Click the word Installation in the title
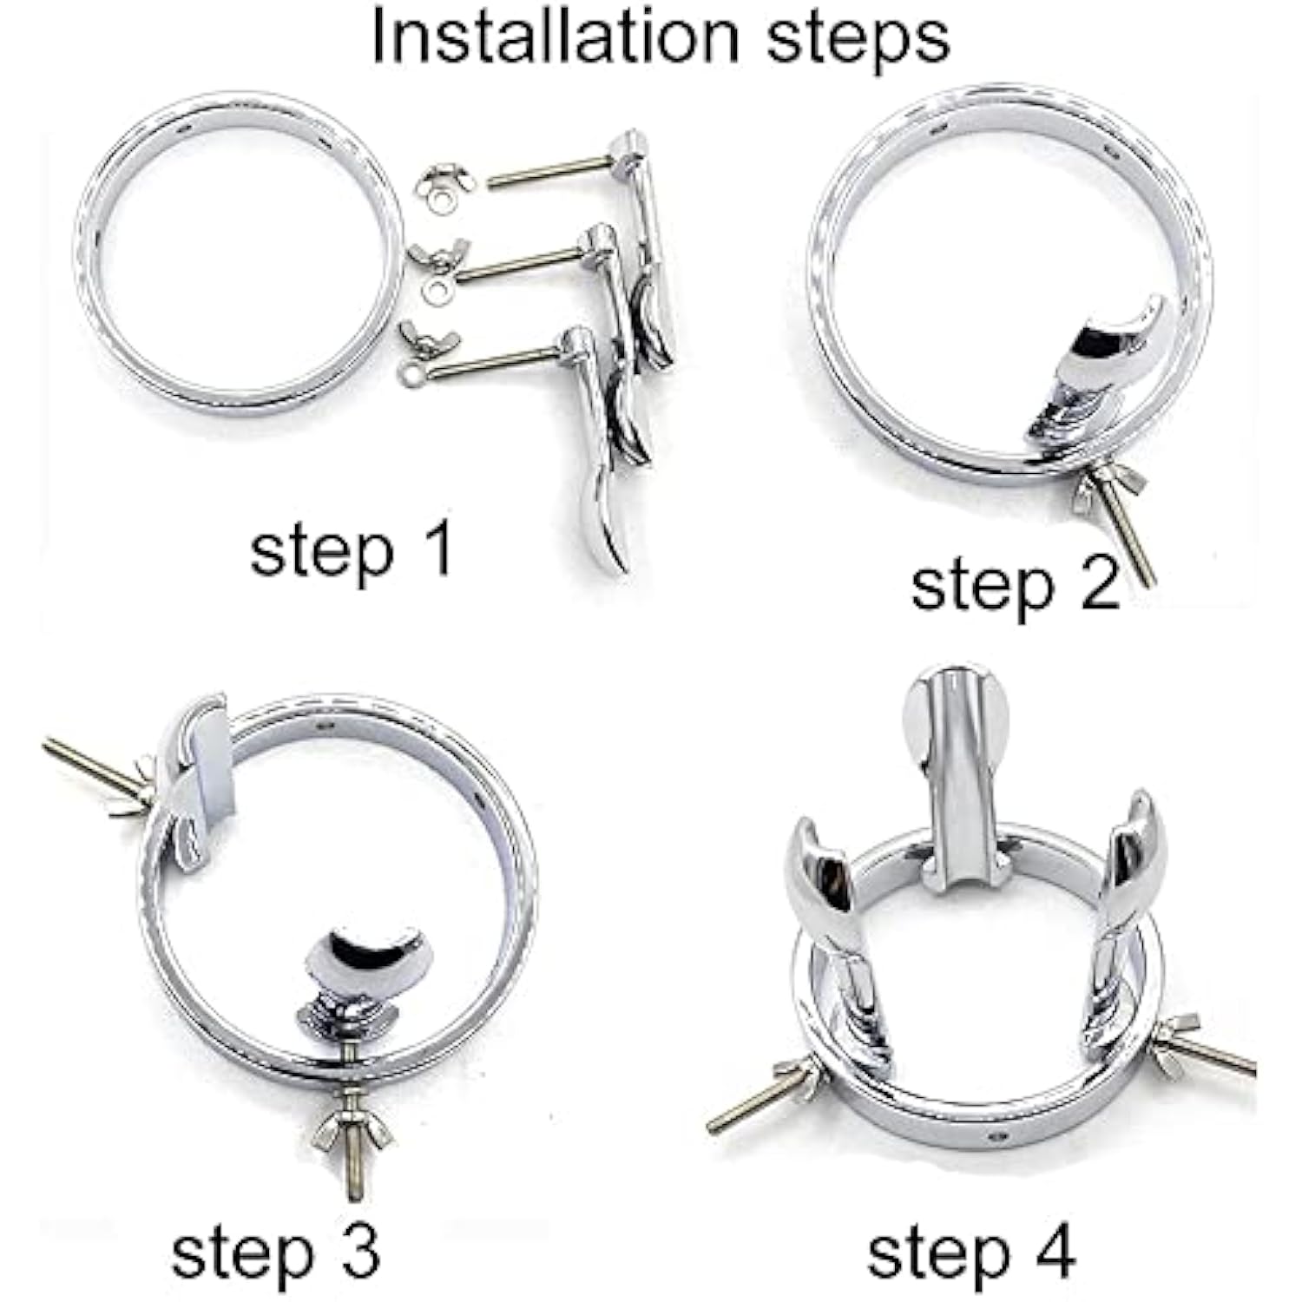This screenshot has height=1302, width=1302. click(x=556, y=37)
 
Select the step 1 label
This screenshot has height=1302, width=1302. click(x=351, y=551)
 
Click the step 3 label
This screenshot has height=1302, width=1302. click(x=275, y=1253)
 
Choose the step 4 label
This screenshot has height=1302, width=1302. click(x=971, y=1253)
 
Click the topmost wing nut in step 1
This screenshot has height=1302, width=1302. click(x=444, y=180)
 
